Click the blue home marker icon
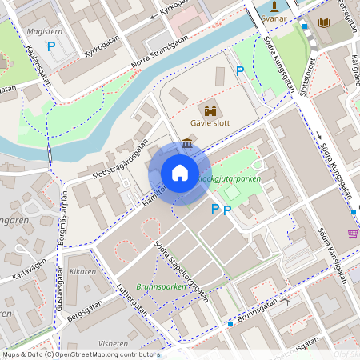[180, 173]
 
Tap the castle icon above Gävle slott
[212, 112]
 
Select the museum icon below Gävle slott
[187, 143]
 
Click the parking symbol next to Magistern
[51, 46]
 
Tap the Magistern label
[45, 30]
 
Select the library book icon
[324, 23]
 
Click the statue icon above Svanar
[274, 5]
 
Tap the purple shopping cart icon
[352, 234]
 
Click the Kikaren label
[82, 272]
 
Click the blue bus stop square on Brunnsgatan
[230, 324]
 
